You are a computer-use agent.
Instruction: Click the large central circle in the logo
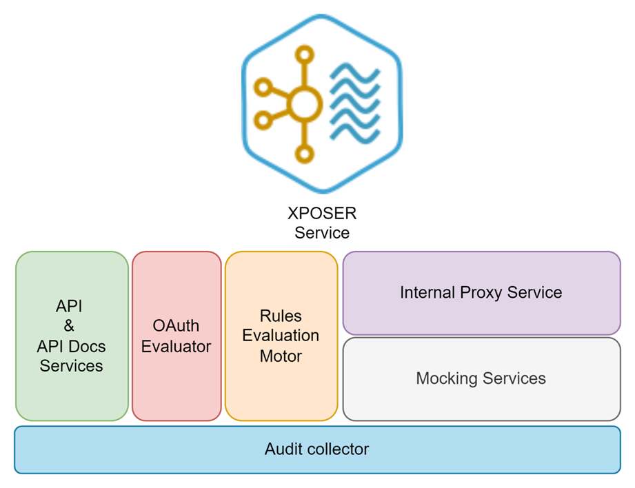point(304,105)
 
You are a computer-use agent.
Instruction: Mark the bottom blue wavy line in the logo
point(356,135)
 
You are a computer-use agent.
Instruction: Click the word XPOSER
point(322,214)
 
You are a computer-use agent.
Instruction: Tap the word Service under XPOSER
point(322,233)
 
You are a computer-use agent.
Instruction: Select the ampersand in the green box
point(70,325)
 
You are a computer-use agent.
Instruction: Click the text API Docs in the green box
point(71,346)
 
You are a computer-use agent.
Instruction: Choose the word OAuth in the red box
point(176,326)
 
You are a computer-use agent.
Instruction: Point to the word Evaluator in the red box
point(176,346)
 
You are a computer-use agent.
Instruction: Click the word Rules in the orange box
point(281,316)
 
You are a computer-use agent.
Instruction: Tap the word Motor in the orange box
point(281,356)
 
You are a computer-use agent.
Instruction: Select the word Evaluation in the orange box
point(281,336)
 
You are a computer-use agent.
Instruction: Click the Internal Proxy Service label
point(481,292)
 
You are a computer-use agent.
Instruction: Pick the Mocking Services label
point(481,378)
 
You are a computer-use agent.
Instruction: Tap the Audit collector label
point(316,449)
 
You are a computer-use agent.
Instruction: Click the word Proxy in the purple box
point(481,292)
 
